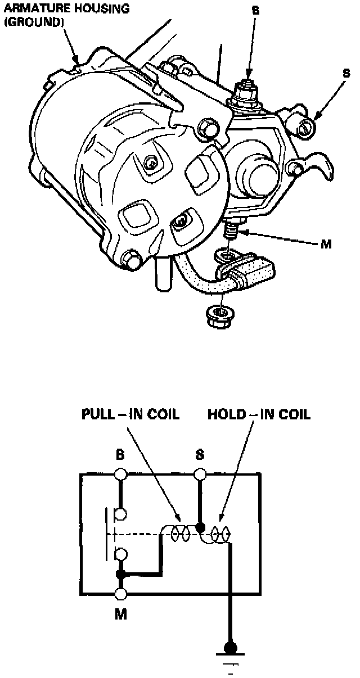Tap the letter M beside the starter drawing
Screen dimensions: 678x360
point(326,245)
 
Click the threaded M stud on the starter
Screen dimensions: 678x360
point(230,231)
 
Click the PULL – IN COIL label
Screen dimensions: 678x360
point(130,415)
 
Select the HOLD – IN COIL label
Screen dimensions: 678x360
point(259,415)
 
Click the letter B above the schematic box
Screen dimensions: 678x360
point(120,455)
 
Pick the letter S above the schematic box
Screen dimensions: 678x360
point(199,455)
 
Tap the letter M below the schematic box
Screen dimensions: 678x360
point(120,614)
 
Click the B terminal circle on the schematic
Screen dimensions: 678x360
point(120,474)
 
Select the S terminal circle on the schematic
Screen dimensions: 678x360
point(199,474)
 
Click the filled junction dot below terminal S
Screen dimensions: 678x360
point(199,527)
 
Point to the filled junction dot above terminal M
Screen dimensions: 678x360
point(120,574)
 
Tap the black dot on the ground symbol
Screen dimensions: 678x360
point(229,648)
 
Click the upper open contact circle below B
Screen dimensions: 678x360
point(120,513)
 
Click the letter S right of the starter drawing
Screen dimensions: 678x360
point(346,74)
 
